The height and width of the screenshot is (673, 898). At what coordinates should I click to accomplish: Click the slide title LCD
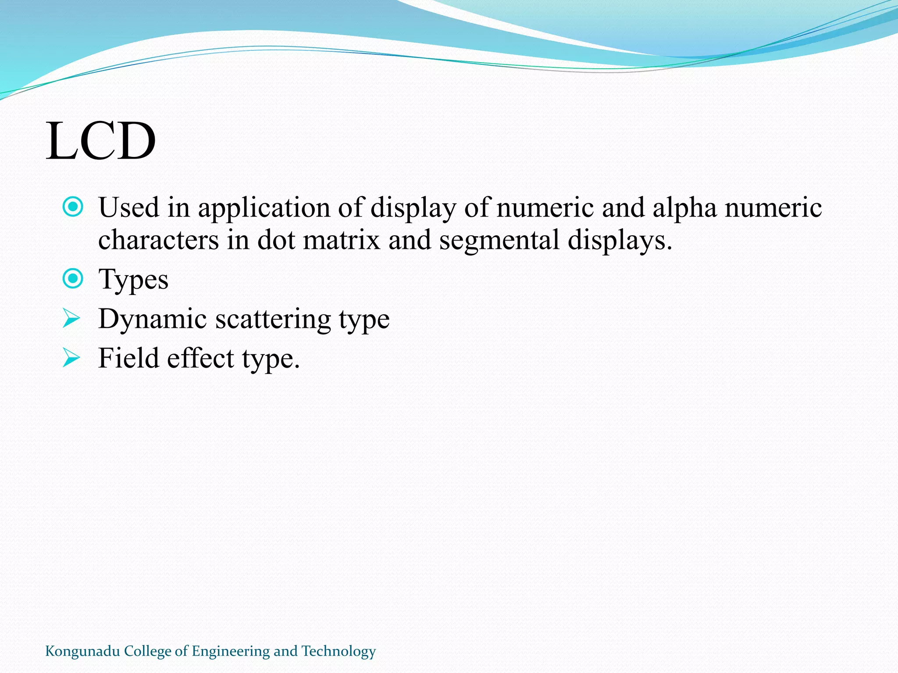point(101,141)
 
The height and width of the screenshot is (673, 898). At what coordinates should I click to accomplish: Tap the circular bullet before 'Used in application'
point(73,207)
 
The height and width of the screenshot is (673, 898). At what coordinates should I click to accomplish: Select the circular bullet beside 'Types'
point(73,279)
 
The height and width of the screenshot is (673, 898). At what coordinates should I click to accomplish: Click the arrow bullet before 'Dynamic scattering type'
point(71,318)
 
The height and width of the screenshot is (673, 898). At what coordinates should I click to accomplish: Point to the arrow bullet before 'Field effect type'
point(71,358)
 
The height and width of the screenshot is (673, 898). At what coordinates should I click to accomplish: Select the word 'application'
point(264,208)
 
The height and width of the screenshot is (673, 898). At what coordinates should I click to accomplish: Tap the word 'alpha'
point(684,208)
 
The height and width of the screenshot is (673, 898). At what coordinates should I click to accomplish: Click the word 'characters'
point(158,240)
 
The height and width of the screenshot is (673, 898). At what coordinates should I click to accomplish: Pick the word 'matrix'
point(341,240)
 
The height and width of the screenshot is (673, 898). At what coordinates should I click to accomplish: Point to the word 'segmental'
point(499,240)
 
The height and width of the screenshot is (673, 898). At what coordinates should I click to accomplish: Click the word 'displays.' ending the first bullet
point(620,241)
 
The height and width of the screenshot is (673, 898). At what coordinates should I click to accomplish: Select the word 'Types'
point(133,280)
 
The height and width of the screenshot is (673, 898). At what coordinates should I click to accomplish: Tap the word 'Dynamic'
point(152,319)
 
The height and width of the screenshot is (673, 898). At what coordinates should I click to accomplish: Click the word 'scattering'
point(273,319)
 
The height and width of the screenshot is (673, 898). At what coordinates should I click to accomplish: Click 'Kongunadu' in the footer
point(82,652)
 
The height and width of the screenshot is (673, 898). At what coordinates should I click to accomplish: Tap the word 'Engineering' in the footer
point(231,652)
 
